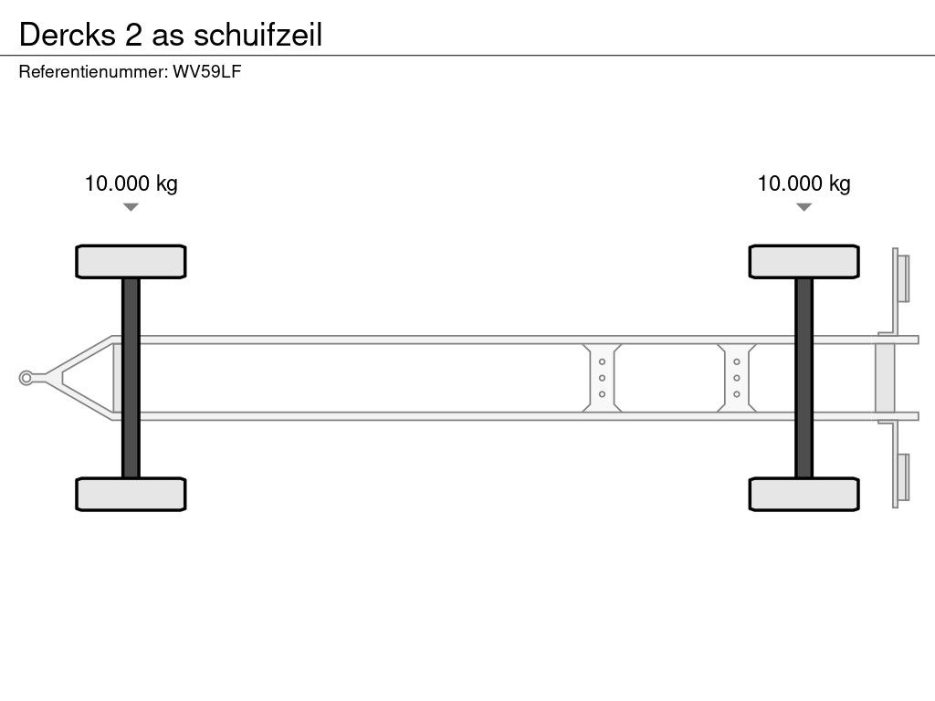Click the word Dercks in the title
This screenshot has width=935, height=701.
(x=68, y=34)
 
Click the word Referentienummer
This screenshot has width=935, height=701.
(x=92, y=72)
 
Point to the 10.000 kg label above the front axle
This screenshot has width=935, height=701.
(x=131, y=183)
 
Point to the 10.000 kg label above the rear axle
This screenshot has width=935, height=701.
(x=804, y=183)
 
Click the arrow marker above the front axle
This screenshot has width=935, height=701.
(x=131, y=207)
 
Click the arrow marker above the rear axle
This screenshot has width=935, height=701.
(x=804, y=207)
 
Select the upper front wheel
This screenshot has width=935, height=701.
(x=131, y=261)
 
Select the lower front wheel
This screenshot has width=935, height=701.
(x=131, y=494)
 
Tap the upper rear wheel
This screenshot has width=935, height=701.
(x=804, y=261)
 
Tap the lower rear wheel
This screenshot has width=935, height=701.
(x=804, y=494)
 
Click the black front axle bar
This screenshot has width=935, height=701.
(x=131, y=377)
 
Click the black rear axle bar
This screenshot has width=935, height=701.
(x=804, y=377)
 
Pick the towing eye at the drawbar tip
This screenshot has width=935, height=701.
(x=27, y=378)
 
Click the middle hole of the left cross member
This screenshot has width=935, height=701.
(x=603, y=378)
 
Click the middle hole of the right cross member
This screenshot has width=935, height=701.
(x=736, y=378)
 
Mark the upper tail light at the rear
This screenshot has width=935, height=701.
(x=904, y=277)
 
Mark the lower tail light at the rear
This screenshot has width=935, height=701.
(x=904, y=477)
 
